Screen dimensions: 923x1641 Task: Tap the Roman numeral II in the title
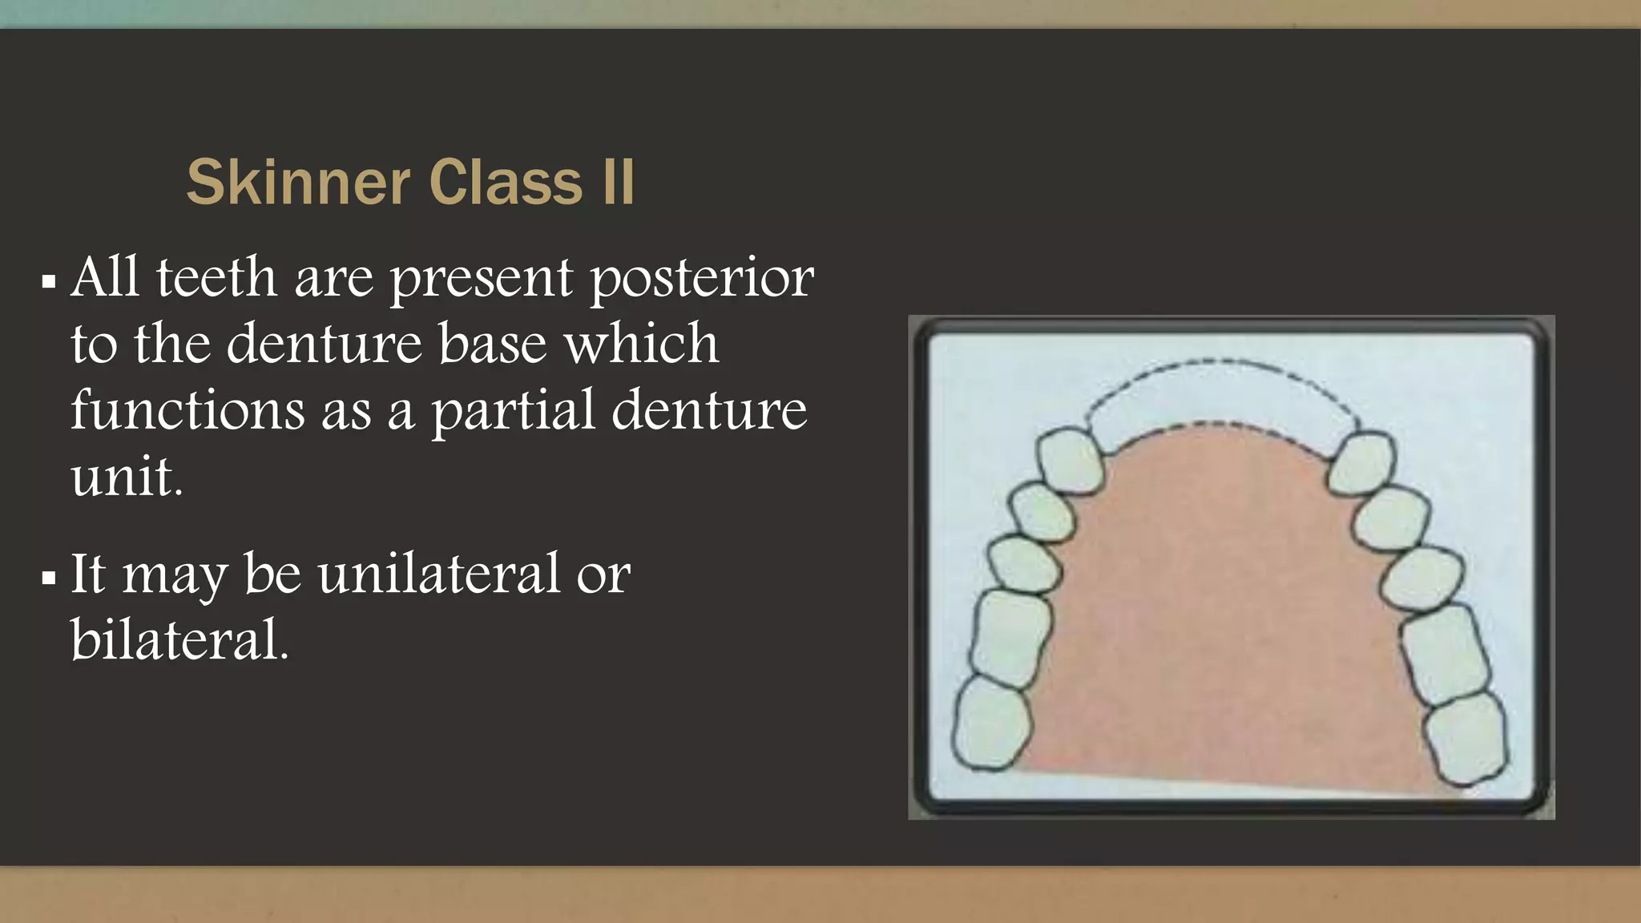(x=618, y=183)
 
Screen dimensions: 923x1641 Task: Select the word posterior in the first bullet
(x=702, y=279)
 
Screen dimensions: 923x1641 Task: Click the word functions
(x=187, y=410)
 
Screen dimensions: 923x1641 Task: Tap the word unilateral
(x=439, y=574)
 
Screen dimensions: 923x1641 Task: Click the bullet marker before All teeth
(x=49, y=282)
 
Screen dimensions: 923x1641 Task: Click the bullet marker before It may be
(x=49, y=578)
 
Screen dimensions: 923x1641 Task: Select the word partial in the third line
(x=514, y=410)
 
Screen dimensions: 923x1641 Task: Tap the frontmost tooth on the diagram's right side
(x=1362, y=462)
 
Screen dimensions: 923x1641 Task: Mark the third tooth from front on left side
(x=1023, y=564)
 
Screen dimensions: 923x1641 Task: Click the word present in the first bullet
(x=481, y=279)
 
